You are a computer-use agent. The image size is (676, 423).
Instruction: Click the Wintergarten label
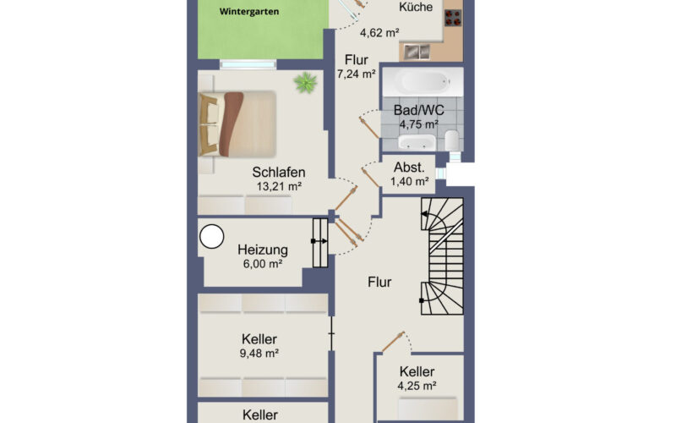pos(248,12)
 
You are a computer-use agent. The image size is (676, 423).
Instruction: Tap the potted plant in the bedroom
pos(306,82)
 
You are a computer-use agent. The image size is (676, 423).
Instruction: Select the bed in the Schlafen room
pos(237,124)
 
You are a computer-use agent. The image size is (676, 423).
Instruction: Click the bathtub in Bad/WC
pos(424,81)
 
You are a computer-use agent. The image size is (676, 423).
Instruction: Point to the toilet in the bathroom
pos(451,140)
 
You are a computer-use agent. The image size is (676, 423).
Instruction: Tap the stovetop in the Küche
pos(453,18)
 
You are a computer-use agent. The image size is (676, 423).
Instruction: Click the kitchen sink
pos(417,52)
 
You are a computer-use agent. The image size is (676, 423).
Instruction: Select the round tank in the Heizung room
pos(212,237)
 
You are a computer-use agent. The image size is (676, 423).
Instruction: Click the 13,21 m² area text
pos(279,186)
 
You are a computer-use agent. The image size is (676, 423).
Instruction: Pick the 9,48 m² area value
pos(259,353)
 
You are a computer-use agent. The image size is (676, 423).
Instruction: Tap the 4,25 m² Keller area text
pos(417,386)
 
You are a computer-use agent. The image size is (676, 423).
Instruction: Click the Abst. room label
pos(409,167)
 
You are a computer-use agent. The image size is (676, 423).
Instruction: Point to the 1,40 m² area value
pos(409,181)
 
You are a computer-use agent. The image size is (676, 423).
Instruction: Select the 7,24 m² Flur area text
pos(356,74)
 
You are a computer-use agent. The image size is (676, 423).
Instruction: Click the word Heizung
pos(263,250)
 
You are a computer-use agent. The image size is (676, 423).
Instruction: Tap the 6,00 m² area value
pos(263,264)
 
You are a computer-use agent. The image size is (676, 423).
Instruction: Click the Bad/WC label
pos(418,110)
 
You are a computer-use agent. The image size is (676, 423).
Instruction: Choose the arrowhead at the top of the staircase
pos(425,214)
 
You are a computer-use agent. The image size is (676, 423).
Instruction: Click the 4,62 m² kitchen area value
pos(379,32)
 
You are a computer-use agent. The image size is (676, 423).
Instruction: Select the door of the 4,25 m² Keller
pos(393,342)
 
